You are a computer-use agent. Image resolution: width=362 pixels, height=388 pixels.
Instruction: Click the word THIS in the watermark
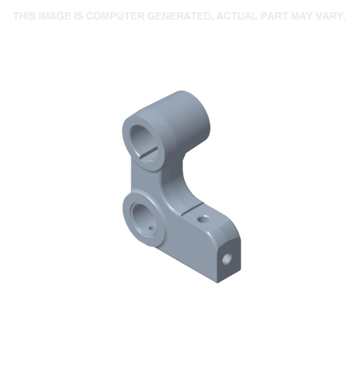24,16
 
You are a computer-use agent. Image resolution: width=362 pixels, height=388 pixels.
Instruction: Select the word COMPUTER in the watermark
115,16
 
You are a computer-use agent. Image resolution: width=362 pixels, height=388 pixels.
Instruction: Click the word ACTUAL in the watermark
237,16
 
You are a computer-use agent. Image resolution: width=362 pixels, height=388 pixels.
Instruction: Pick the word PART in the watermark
274,16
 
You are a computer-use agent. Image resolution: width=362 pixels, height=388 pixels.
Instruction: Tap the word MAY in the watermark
302,16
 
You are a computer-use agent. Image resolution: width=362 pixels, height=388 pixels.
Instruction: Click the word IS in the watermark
78,16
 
